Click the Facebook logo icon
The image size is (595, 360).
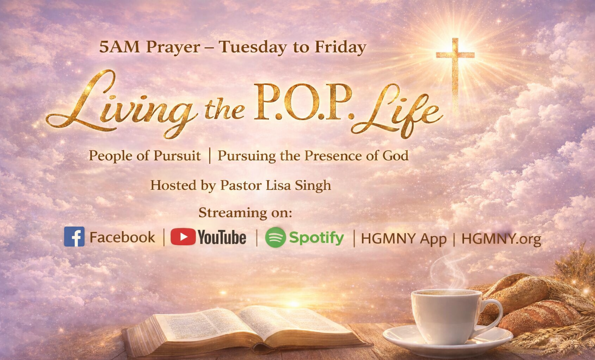(74, 236)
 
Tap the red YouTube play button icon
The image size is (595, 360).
(183, 237)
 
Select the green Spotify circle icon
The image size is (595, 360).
(275, 237)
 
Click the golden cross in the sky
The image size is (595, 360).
(455, 66)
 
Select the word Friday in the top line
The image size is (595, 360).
(340, 47)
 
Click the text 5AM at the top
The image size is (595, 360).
(119, 47)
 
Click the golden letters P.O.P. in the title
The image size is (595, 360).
(303, 103)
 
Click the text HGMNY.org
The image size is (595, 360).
(501, 239)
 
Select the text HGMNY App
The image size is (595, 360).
(404, 239)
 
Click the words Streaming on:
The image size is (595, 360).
(245, 212)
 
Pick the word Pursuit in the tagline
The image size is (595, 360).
(177, 156)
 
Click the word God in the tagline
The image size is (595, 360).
(396, 156)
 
